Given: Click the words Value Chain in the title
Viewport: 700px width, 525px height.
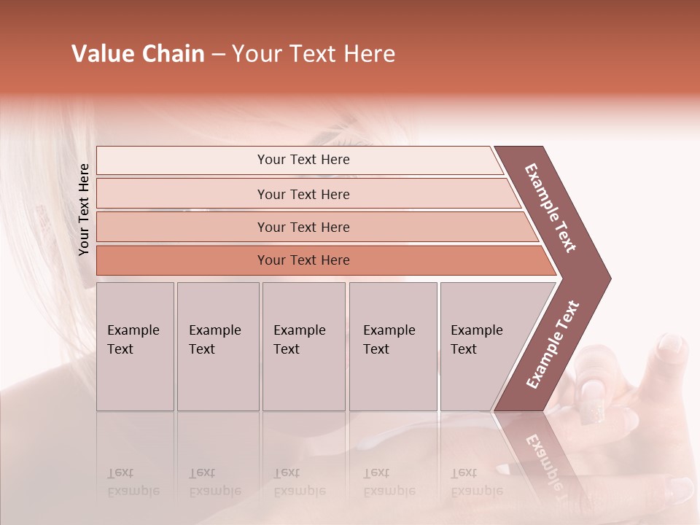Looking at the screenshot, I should pyautogui.click(x=138, y=54).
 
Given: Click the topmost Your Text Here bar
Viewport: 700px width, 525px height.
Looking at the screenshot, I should pyautogui.click(x=303, y=160).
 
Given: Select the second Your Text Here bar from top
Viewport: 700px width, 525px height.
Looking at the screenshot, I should pyautogui.click(x=303, y=194).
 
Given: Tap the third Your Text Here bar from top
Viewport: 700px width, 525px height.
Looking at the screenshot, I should pyautogui.click(x=303, y=227).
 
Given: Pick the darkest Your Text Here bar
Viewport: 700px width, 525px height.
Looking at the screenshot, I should pyautogui.click(x=303, y=260).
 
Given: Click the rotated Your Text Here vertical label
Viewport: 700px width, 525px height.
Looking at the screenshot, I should pyautogui.click(x=84, y=209).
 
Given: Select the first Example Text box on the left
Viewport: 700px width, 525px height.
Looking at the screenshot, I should pyautogui.click(x=135, y=346).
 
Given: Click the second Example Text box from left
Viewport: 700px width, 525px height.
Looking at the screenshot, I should pyautogui.click(x=217, y=346).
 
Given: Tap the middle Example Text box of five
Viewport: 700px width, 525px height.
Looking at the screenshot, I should pyautogui.click(x=303, y=346).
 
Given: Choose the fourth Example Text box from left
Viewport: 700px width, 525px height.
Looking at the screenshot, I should pyautogui.click(x=393, y=346).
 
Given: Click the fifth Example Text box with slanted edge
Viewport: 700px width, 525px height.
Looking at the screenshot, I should pyautogui.click(x=481, y=346).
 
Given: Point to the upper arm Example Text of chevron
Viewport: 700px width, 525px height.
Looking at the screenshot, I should pyautogui.click(x=551, y=207).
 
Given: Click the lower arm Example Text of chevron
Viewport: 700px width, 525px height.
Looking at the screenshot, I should pyautogui.click(x=553, y=344).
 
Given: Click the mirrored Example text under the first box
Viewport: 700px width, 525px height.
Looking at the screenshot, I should pyautogui.click(x=133, y=483).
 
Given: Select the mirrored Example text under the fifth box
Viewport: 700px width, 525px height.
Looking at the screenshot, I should pyautogui.click(x=476, y=483).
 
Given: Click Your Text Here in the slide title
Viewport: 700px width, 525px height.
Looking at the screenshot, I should pyautogui.click(x=314, y=54).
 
